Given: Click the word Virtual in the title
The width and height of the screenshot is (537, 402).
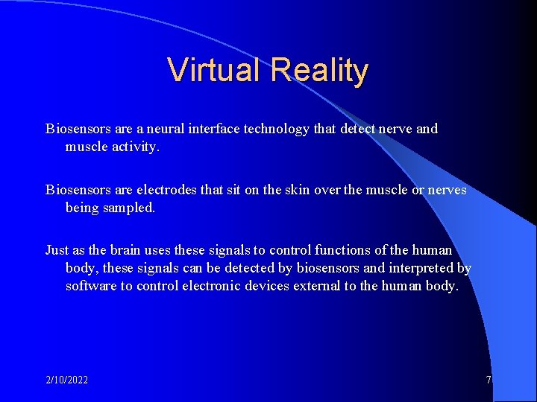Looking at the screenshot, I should (x=216, y=71).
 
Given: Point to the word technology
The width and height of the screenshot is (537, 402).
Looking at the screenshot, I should (x=275, y=129).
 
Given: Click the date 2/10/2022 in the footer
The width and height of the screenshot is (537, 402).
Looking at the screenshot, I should (x=66, y=380).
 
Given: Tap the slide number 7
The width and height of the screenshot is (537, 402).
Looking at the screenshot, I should (x=489, y=380).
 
